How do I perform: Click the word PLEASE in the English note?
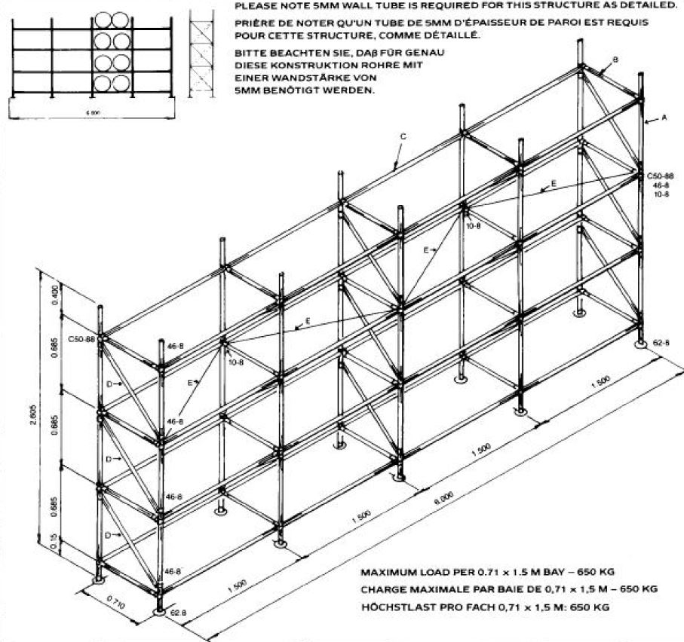tap(255, 5)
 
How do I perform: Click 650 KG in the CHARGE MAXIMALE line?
tap(637, 588)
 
